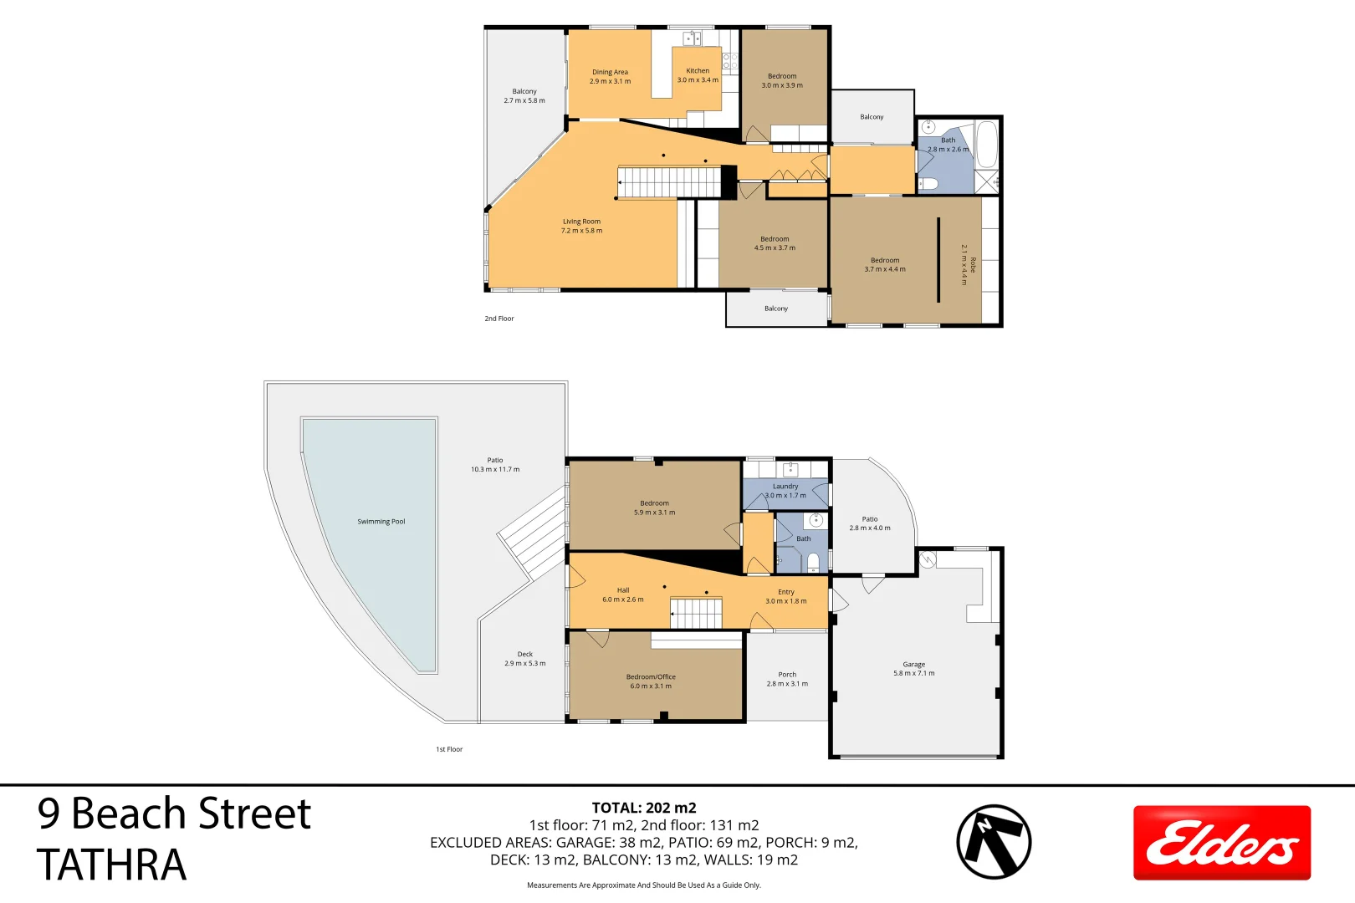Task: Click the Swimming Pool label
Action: pos(381,522)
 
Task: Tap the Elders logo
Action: pos(1221,842)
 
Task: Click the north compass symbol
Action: pos(994,842)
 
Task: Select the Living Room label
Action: pos(581,222)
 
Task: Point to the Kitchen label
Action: pos(698,71)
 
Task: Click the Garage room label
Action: pos(913,665)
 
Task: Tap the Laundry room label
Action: pos(785,487)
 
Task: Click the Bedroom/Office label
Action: pos(651,677)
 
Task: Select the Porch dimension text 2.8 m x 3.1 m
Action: pos(787,684)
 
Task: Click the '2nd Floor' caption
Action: pos(499,319)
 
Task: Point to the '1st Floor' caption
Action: pos(449,749)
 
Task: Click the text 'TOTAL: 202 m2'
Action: pos(644,808)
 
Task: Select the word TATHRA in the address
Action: pos(111,865)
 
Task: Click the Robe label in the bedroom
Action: pos(973,265)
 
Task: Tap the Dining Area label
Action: pos(610,72)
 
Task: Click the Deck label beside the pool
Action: pos(524,655)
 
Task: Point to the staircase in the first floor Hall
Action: pos(697,613)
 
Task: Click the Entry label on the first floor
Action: pos(786,592)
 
